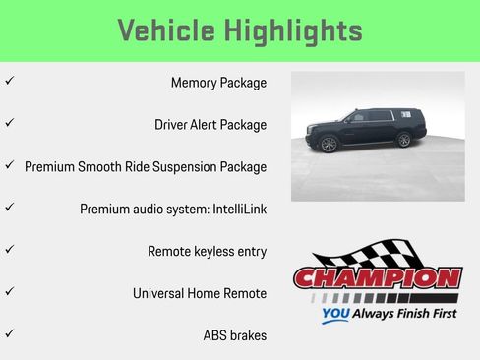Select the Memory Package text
point(218,83)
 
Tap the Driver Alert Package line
point(210,125)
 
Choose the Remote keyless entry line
point(207,252)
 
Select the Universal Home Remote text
point(200,293)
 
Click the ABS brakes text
point(234,335)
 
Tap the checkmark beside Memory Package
point(9,82)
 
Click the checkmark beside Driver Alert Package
point(9,124)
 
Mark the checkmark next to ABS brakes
point(9,334)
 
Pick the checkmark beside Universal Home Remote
point(9,292)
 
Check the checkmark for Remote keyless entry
point(9,250)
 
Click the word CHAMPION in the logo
point(378,278)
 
